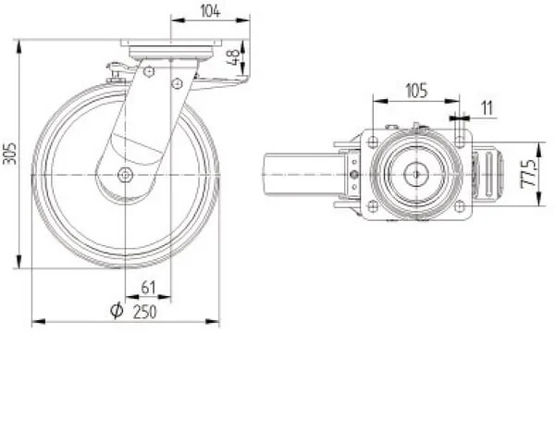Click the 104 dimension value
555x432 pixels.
click(210, 11)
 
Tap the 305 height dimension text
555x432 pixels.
click(9, 154)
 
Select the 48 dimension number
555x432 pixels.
click(234, 57)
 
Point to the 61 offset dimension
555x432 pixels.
click(148, 288)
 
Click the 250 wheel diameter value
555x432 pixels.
click(144, 312)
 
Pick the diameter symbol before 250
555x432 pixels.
click(117, 311)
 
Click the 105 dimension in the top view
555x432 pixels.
click(416, 91)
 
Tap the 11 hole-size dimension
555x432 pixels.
click(487, 108)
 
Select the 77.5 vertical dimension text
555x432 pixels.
click(529, 174)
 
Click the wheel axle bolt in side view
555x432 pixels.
click(125, 175)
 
